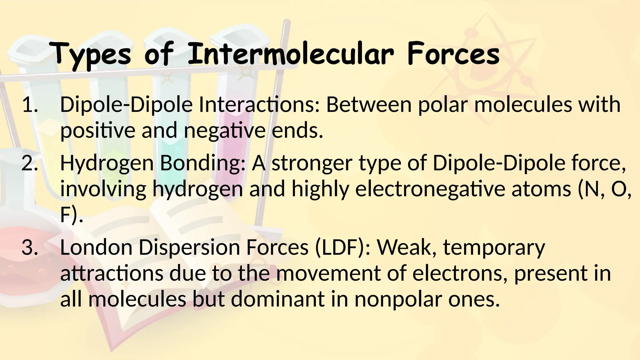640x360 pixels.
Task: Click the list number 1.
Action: coord(30,105)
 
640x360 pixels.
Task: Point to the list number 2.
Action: coord(30,163)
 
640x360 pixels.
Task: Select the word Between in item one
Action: coord(369,105)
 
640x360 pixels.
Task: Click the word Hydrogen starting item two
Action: coord(107,164)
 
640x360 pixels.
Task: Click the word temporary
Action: coord(494,248)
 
